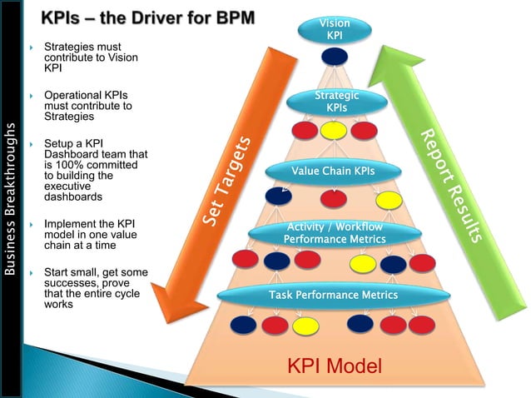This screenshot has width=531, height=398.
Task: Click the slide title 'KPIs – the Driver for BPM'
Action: click(x=150, y=17)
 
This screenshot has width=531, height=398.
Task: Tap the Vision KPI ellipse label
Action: click(x=334, y=29)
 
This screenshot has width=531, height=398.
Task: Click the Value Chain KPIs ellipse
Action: click(x=333, y=172)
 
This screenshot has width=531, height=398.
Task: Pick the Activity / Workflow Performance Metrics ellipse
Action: click(x=335, y=233)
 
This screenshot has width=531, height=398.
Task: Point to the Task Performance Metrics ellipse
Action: click(x=333, y=295)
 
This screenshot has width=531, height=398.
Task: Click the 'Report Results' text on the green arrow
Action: click(x=450, y=186)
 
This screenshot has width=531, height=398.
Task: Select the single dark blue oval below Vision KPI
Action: click(x=334, y=57)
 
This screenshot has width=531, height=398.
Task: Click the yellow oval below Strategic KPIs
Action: click(x=334, y=131)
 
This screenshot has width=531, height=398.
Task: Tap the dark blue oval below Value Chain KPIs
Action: click(x=277, y=197)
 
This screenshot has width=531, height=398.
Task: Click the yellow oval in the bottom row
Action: click(x=305, y=323)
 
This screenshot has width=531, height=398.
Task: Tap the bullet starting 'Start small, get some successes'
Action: click(x=93, y=288)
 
